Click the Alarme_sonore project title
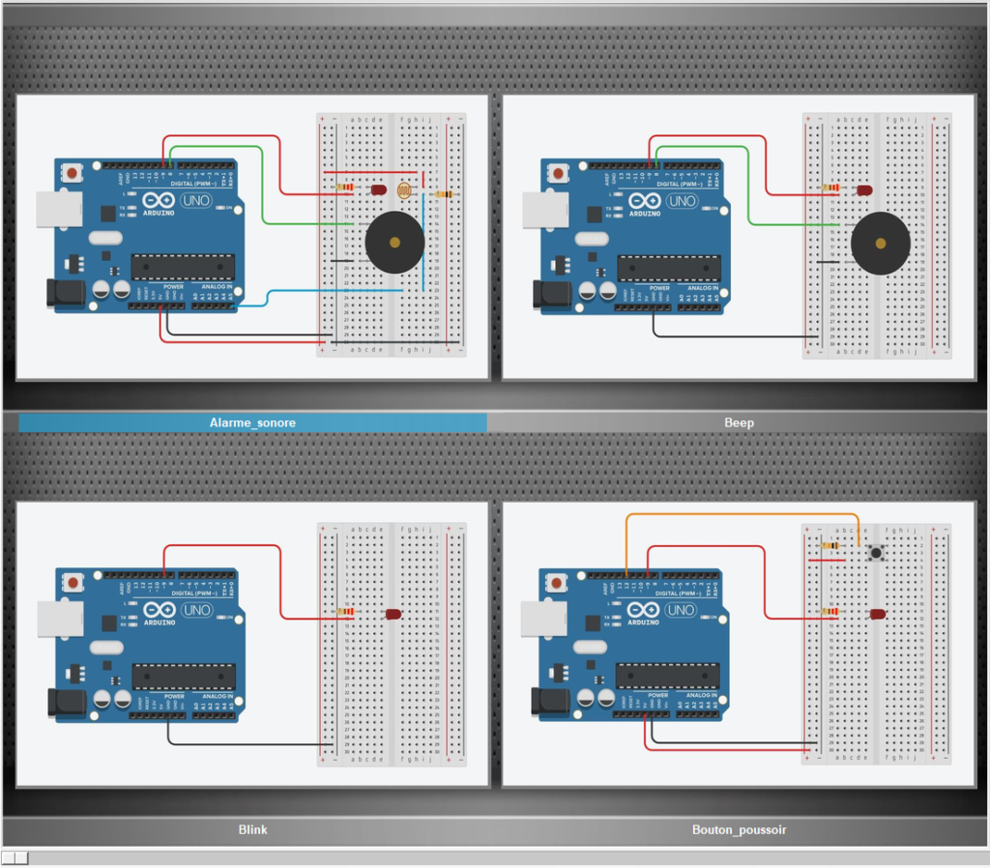pyautogui.click(x=252, y=422)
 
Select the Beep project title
pyautogui.click(x=739, y=422)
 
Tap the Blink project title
pyautogui.click(x=252, y=829)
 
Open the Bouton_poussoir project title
pyautogui.click(x=739, y=829)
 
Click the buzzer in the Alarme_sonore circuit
pyautogui.click(x=394, y=243)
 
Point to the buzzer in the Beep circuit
pyautogui.click(x=880, y=243)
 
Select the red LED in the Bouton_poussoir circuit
pyautogui.click(x=878, y=614)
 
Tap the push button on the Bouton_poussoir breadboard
pyautogui.click(x=876, y=553)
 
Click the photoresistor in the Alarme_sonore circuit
pyautogui.click(x=405, y=190)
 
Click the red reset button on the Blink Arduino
pyautogui.click(x=73, y=582)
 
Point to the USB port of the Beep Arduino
pyautogui.click(x=538, y=210)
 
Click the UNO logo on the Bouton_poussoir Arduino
pyautogui.click(x=681, y=610)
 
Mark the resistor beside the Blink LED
pyautogui.click(x=344, y=612)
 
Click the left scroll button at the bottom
pyautogui.click(x=8, y=857)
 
